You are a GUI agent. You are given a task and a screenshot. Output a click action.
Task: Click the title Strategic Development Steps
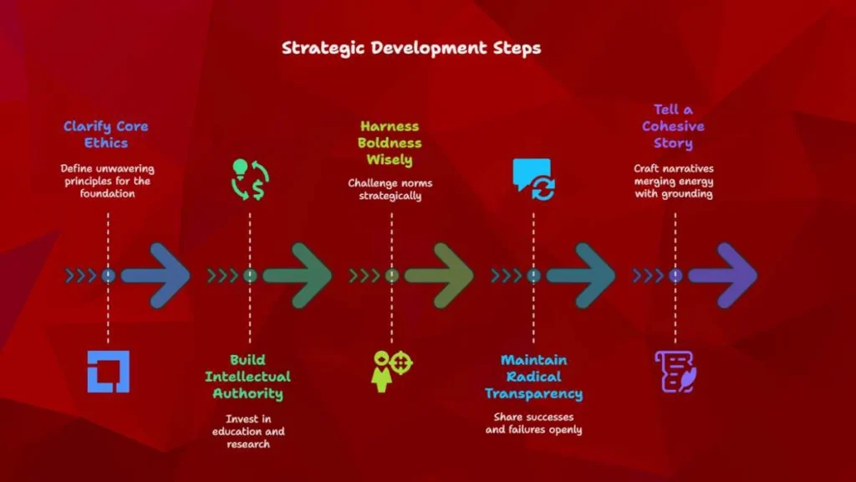(x=411, y=48)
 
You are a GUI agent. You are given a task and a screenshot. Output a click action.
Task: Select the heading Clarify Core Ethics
(x=106, y=135)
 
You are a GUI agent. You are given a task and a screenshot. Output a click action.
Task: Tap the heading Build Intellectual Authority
(x=247, y=377)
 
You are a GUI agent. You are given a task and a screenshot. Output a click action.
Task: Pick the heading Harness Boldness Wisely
(x=390, y=142)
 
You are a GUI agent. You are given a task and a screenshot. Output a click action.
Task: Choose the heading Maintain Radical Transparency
(x=534, y=377)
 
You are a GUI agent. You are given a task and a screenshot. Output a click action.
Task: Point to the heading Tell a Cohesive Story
(x=673, y=126)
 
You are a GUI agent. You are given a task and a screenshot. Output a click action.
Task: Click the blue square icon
(x=108, y=372)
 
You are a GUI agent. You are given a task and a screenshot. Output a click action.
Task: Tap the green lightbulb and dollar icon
(x=250, y=180)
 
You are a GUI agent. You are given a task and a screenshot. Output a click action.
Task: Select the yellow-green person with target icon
(x=391, y=372)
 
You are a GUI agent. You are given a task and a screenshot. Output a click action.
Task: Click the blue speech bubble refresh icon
(x=534, y=180)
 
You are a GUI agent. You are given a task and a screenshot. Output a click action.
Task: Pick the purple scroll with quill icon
(x=675, y=372)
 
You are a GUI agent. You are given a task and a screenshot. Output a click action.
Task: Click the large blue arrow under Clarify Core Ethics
(x=155, y=276)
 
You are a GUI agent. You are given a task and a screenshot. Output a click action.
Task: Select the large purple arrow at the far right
(x=723, y=276)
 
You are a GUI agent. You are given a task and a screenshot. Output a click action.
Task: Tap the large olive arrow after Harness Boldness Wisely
(x=439, y=276)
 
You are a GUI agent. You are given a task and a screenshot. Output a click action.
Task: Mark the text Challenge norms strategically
(x=390, y=189)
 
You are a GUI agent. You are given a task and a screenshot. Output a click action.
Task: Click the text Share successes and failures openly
(x=534, y=423)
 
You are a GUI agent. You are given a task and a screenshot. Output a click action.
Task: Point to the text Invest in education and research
(x=248, y=431)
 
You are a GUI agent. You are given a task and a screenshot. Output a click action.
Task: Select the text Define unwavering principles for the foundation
(x=107, y=181)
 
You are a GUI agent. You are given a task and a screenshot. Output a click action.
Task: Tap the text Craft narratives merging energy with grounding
(x=674, y=181)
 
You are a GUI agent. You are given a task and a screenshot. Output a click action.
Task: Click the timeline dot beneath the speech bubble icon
(x=533, y=276)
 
